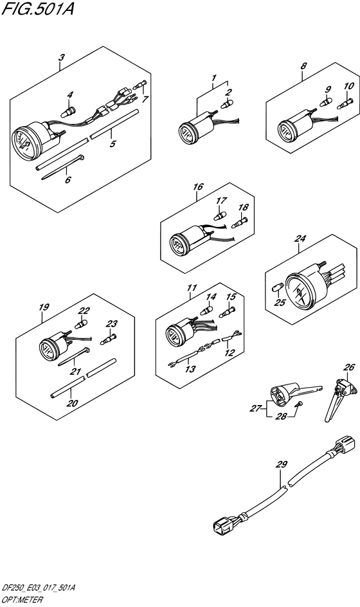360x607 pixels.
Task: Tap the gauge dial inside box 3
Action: (23, 143)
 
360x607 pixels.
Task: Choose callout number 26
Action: (348, 368)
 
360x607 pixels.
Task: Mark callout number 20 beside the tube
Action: (71, 403)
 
